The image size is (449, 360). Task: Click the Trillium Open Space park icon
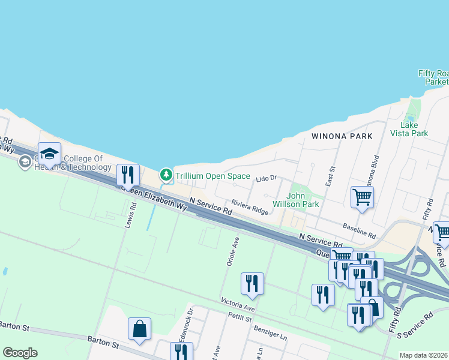click(x=166, y=176)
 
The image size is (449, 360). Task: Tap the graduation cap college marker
click(x=49, y=153)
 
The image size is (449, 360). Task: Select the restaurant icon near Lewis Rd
click(x=127, y=175)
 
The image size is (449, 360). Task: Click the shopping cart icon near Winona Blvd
click(x=362, y=196)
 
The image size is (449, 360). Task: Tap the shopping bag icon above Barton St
click(x=139, y=328)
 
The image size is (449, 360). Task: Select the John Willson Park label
click(x=303, y=200)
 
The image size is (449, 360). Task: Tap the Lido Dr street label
click(x=265, y=178)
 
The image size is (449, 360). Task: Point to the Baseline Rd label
click(x=359, y=228)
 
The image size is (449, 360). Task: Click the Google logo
click(x=20, y=353)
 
